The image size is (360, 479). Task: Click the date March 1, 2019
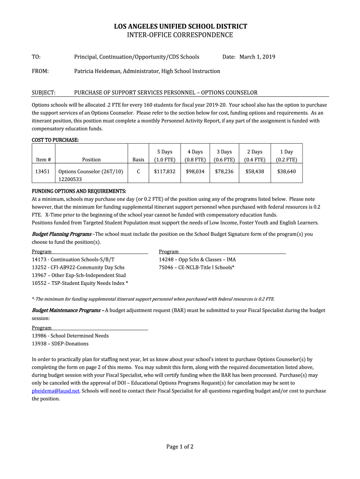(x=257, y=57)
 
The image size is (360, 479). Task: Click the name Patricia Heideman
(x=101, y=71)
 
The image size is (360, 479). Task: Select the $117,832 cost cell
(x=165, y=172)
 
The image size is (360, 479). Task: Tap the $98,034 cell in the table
(x=195, y=172)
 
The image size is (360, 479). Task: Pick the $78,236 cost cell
(x=224, y=172)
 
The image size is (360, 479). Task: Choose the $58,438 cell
(x=255, y=172)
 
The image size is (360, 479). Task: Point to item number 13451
(x=43, y=172)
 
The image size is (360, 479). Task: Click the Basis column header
(x=138, y=160)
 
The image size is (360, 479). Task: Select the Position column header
(x=91, y=160)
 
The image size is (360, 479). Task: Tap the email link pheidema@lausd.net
(x=56, y=391)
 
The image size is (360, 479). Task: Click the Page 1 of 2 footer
(x=180, y=447)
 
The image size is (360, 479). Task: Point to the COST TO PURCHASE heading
(x=55, y=140)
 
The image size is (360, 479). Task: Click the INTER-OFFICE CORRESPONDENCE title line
(x=180, y=35)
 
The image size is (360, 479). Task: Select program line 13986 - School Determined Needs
(x=70, y=336)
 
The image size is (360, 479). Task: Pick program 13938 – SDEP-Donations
(x=60, y=344)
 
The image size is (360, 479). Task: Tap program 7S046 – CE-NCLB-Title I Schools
(x=196, y=267)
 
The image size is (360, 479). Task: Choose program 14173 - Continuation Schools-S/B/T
(x=73, y=259)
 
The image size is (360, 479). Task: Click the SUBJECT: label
(x=43, y=93)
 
